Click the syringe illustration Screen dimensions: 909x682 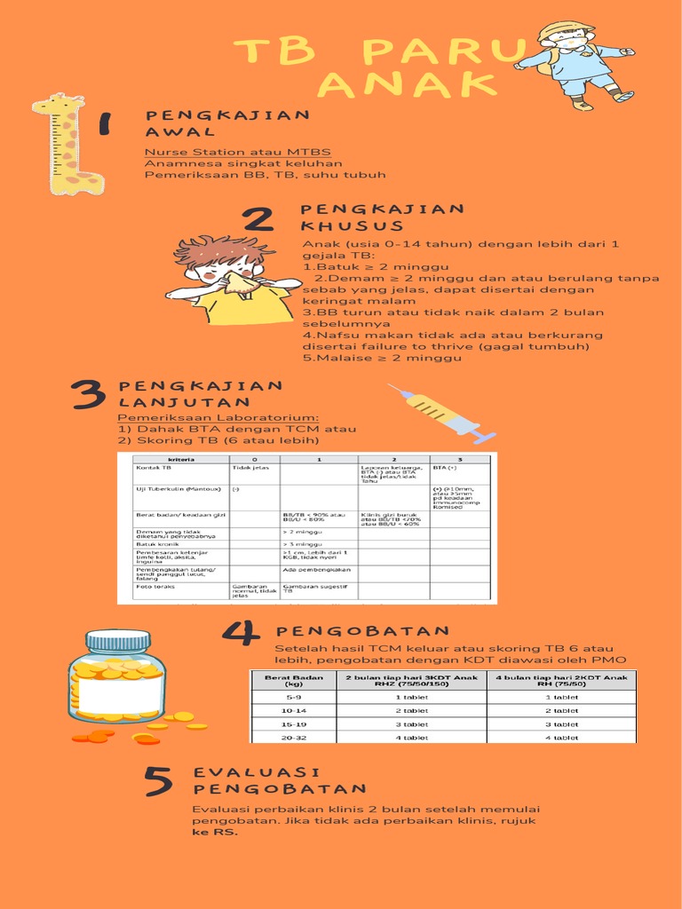[441, 414]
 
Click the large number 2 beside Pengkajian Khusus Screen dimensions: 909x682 [258, 219]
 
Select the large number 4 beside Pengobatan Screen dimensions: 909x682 [241, 632]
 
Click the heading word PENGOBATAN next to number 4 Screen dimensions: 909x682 [362, 631]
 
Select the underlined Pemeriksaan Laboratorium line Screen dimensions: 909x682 [218, 418]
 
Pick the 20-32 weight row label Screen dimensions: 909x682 [292, 738]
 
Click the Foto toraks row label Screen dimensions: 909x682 [155, 587]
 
